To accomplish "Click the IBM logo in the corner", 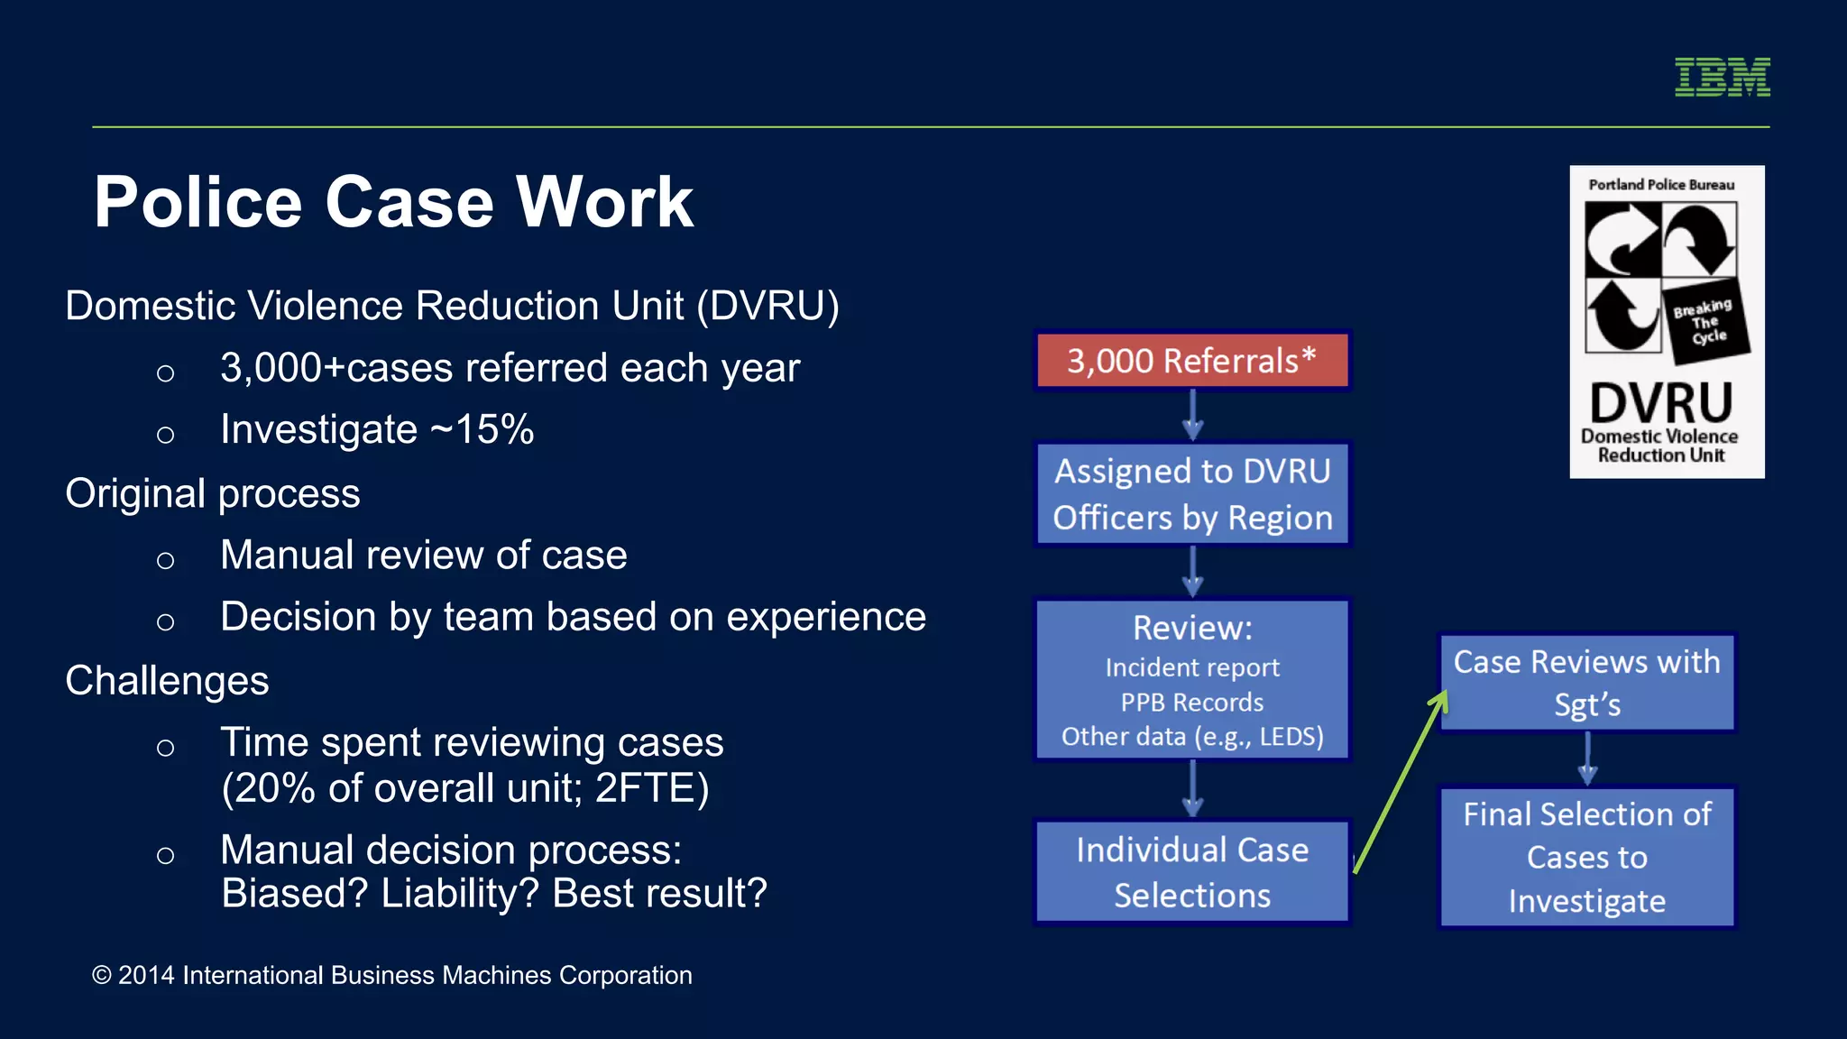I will coord(1722,77).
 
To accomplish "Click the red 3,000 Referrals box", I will coord(1191,361).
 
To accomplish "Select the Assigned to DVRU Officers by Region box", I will coord(1191,493).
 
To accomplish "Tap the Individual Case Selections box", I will coord(1191,872).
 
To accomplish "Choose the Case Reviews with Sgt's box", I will coord(1586,683).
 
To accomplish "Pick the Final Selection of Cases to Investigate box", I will coord(1586,857).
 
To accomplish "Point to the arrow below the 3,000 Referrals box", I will coord(1192,415).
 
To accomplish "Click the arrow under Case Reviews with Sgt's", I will coord(1587,759).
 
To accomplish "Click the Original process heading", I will coord(213,493).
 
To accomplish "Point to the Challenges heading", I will coord(167,681).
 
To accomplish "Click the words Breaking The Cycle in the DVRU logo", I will coord(1703,322).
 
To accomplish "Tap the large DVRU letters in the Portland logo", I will coord(1660,402).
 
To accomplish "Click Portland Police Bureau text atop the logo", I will coord(1661,185).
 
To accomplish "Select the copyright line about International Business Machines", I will coord(392,975).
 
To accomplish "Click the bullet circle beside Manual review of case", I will coord(165,560).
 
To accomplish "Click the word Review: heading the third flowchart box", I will coord(1192,628).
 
